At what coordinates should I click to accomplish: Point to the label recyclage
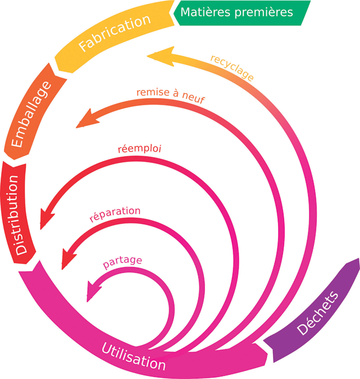tap(232, 67)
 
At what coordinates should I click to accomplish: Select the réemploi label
tap(135, 148)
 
